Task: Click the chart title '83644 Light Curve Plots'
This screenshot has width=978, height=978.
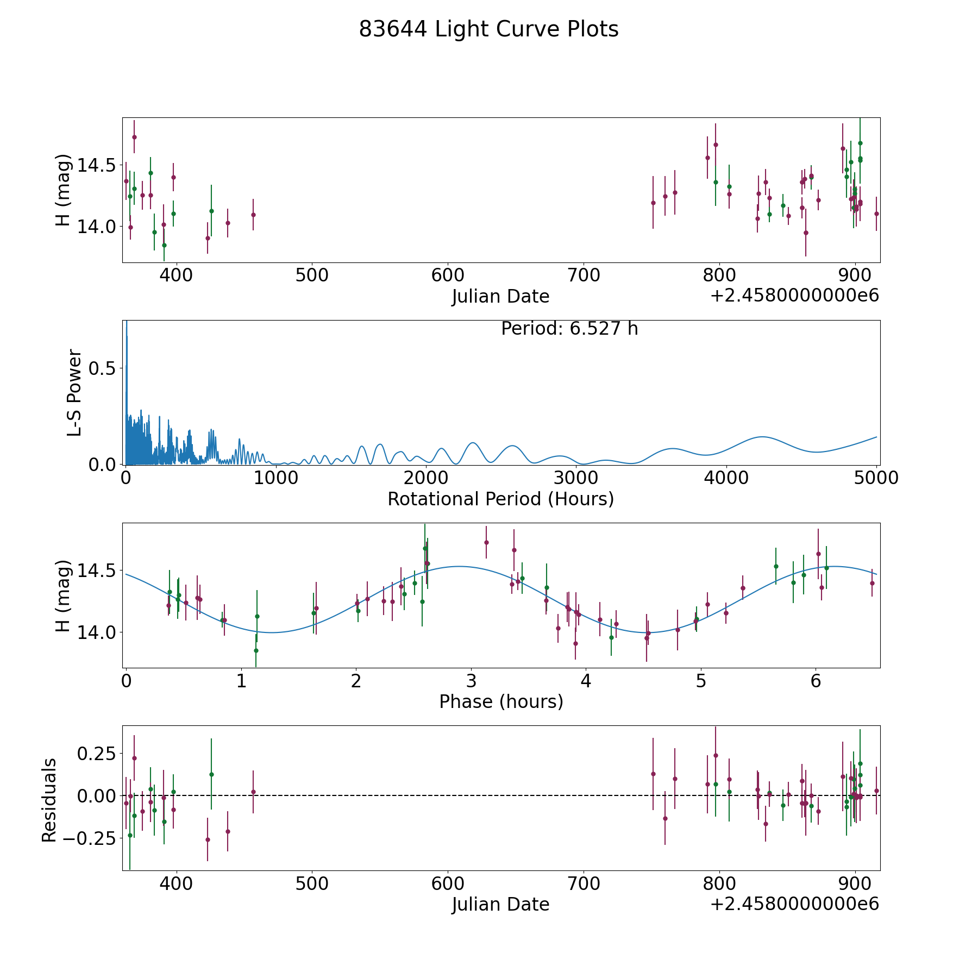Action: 488,29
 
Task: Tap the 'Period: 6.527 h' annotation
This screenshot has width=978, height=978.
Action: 569,329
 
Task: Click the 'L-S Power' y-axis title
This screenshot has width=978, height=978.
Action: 74,393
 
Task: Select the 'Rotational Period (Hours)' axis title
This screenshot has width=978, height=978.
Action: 500,499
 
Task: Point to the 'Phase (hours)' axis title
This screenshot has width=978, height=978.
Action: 500,701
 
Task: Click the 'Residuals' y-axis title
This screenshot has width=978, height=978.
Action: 49,800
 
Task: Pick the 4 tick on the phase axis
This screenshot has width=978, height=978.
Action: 586,681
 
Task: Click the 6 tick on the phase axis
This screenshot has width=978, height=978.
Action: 816,681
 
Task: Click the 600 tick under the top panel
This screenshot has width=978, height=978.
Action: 447,275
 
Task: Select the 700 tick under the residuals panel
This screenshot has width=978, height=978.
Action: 583,883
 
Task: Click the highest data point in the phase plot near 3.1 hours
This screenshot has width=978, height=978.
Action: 486,542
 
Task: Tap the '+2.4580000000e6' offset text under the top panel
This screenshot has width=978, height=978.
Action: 794,296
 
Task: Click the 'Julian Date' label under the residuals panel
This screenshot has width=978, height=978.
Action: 500,905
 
